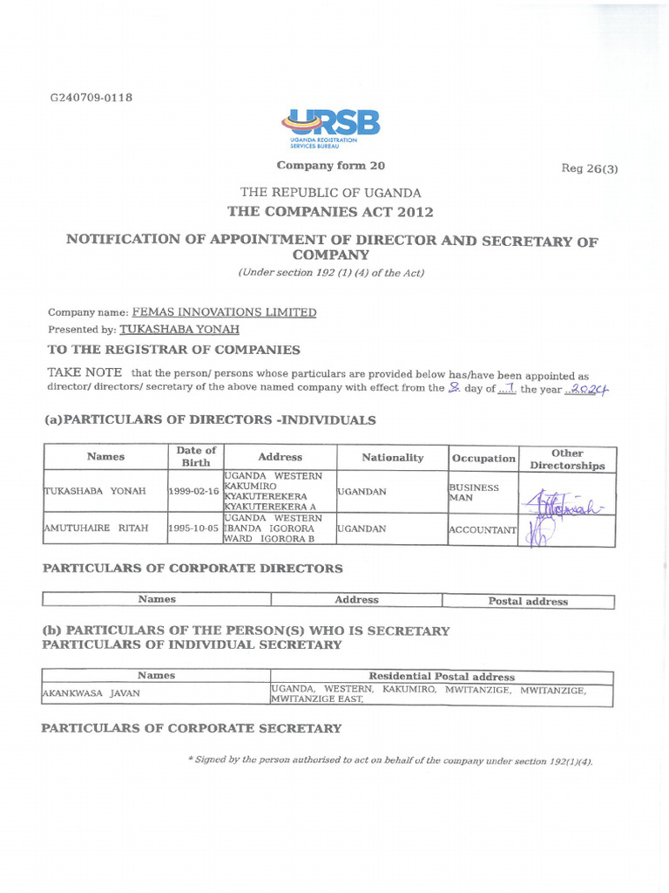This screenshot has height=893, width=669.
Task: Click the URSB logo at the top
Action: (x=330, y=127)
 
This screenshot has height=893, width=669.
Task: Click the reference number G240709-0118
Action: (x=91, y=98)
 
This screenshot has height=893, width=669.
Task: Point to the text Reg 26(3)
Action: (x=590, y=168)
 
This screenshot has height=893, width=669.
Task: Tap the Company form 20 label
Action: (x=330, y=166)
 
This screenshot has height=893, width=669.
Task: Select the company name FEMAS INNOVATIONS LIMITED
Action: (x=224, y=312)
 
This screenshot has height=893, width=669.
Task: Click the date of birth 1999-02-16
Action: (x=194, y=492)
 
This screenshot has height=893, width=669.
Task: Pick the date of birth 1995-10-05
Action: (x=194, y=528)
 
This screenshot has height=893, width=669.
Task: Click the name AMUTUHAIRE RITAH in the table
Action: (x=96, y=528)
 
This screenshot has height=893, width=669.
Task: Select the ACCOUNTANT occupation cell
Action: (x=482, y=529)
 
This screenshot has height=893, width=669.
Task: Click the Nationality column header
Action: (x=392, y=457)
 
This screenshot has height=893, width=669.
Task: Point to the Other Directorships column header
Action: (x=567, y=459)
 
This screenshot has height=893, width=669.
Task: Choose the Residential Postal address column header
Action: (x=442, y=676)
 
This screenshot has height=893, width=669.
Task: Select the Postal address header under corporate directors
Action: (x=528, y=601)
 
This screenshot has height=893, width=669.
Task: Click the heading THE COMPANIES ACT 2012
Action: (x=330, y=212)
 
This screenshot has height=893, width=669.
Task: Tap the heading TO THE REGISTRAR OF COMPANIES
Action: (x=173, y=350)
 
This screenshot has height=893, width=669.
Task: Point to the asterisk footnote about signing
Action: (x=390, y=760)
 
